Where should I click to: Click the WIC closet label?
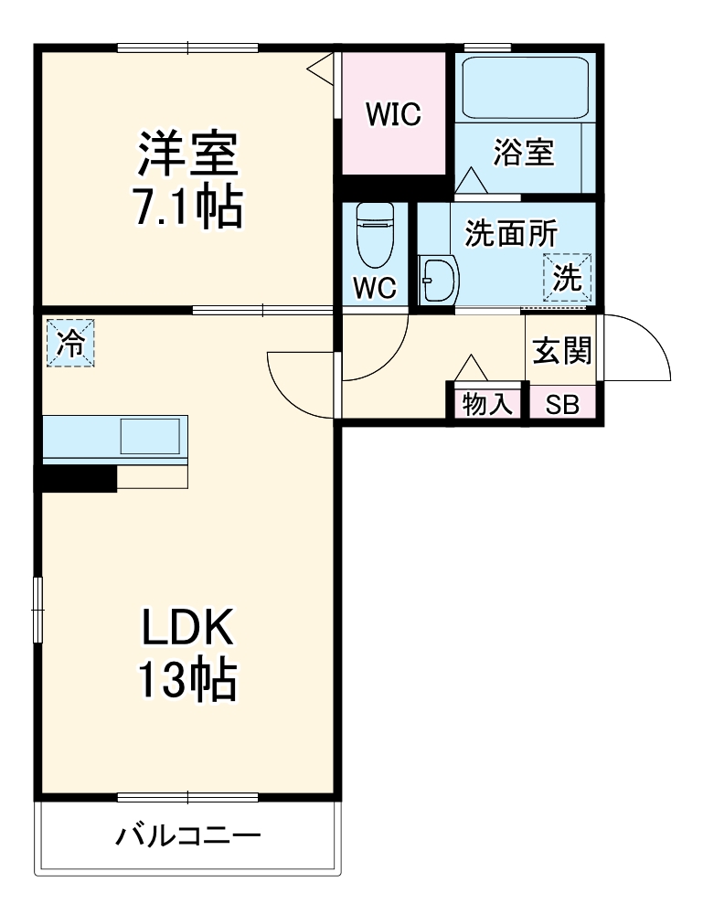pos(392,113)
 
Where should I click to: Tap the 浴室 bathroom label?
pos(524,153)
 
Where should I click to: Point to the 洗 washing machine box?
pos(568,277)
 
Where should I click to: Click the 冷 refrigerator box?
pos(70,342)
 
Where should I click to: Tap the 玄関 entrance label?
pos(562,349)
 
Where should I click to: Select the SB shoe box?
pos(562,405)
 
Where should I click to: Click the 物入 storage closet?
pos(487,405)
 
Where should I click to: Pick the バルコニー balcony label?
pos(188,835)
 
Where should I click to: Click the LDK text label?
pos(187,630)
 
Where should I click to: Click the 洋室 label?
pos(187,154)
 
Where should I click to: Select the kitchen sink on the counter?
pos(150,437)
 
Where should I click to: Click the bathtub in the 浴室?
pos(524,87)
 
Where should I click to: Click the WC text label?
pos(374,288)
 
